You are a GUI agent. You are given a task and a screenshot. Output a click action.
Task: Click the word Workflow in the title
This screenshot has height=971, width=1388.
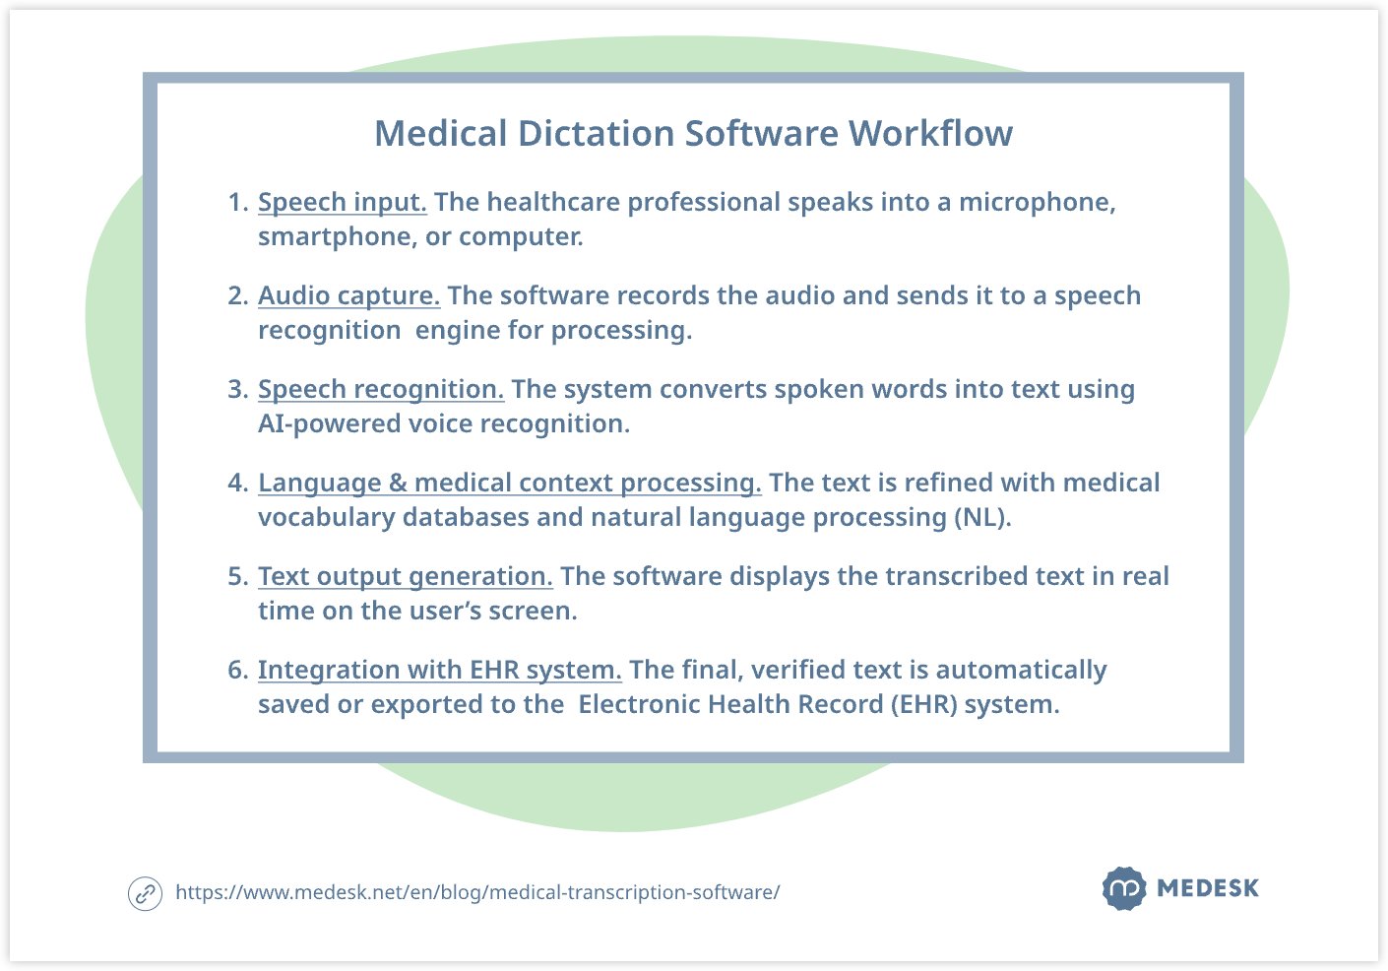tap(930, 133)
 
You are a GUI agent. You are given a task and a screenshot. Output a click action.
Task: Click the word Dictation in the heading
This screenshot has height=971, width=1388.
tap(596, 133)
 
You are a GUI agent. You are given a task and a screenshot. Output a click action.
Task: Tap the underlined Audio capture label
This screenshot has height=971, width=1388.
tap(348, 295)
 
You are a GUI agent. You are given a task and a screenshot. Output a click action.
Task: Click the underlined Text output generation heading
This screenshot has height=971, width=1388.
tap(406, 577)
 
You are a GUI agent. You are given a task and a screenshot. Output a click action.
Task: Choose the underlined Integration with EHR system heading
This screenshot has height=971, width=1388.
tap(439, 671)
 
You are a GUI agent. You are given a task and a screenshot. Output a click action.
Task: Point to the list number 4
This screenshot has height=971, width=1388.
tap(238, 483)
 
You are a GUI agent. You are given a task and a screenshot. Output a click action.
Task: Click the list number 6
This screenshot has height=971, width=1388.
tap(238, 671)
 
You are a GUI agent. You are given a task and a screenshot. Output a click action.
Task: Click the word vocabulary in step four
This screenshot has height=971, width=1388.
tap(327, 518)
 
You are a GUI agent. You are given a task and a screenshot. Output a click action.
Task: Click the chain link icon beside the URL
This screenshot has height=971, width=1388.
tap(145, 893)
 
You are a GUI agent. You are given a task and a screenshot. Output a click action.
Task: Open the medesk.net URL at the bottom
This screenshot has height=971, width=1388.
tap(477, 893)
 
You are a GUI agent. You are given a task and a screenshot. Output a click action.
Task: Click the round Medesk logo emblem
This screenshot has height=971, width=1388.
tap(1124, 888)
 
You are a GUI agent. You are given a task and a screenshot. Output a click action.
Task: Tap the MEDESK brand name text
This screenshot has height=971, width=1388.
tap(1208, 888)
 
